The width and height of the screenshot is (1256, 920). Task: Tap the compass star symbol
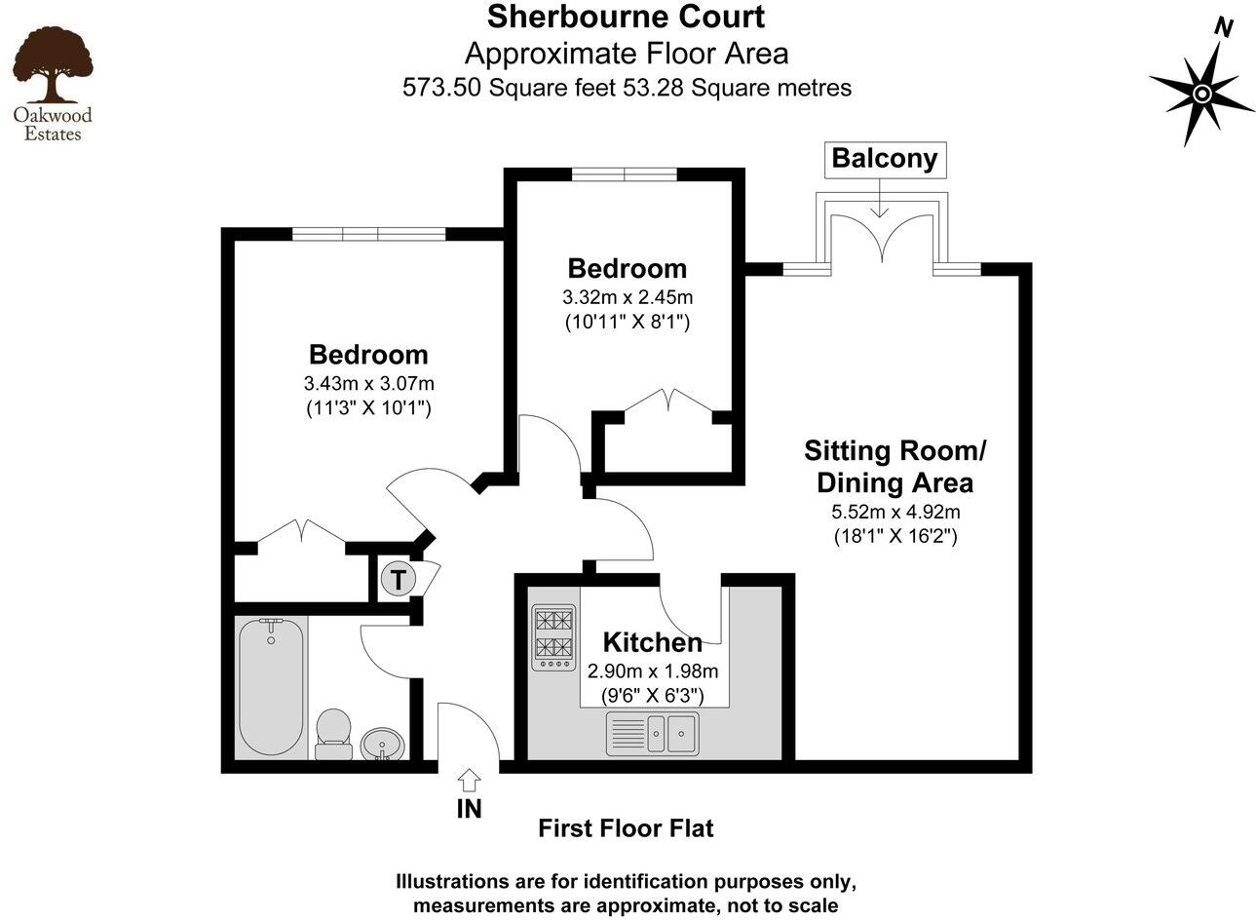point(1201,94)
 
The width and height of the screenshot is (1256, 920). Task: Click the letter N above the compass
point(1224,28)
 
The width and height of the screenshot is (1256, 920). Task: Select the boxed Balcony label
point(884,159)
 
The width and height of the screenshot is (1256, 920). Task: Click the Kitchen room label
point(652,642)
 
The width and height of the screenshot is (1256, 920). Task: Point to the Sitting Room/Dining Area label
point(894,467)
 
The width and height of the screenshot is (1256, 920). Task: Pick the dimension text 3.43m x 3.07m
point(368,383)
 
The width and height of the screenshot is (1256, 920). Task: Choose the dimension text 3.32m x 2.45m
point(627,297)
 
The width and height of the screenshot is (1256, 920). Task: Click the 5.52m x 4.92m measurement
point(894,511)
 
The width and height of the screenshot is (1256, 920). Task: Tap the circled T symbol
point(398,580)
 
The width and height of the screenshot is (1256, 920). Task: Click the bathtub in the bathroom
point(271,687)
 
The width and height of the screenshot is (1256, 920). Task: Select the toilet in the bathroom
point(333,733)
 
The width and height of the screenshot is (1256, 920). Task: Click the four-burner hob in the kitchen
point(553,637)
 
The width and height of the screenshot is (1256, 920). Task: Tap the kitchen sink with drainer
point(652,733)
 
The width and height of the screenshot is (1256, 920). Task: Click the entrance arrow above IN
point(469,779)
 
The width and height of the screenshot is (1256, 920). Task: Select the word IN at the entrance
point(469,809)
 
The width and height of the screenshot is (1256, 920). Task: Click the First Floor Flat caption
point(626,828)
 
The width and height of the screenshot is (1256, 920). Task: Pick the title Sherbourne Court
point(626,17)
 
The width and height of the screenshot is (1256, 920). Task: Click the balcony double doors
point(882,239)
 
